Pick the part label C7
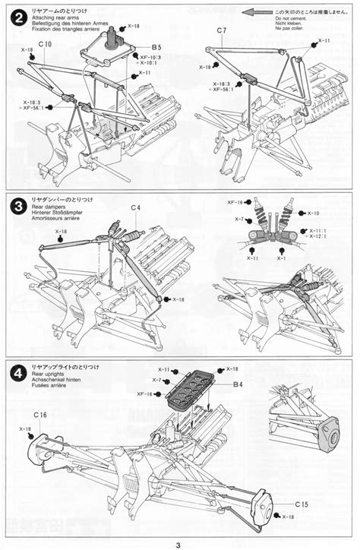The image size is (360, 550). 221,31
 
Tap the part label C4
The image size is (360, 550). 135,207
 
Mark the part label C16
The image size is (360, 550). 42,416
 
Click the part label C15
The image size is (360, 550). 301,504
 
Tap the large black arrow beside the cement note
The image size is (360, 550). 257,12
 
